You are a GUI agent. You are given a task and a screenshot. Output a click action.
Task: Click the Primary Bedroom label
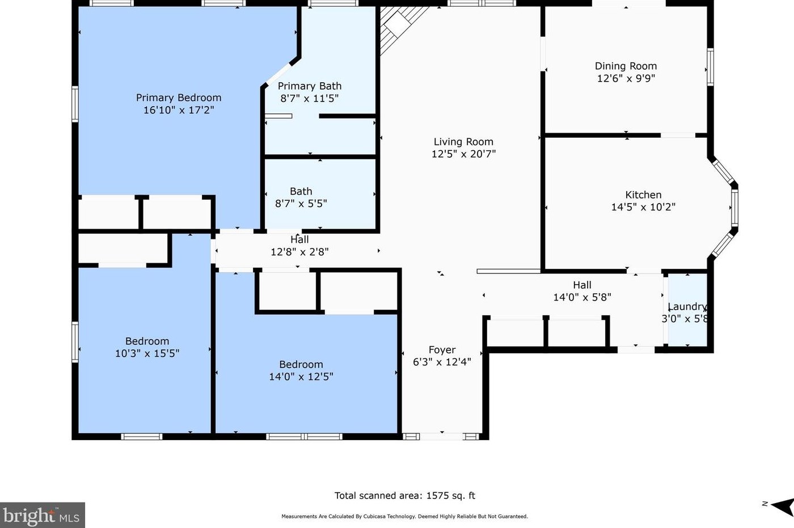pyautogui.click(x=179, y=98)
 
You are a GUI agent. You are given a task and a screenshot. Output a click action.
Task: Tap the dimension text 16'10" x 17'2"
pyautogui.click(x=179, y=110)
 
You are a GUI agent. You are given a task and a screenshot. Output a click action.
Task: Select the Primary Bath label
pyautogui.click(x=310, y=86)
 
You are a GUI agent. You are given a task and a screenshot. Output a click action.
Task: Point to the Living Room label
pyautogui.click(x=463, y=142)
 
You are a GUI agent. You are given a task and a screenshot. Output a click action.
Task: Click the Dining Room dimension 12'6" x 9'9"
pyautogui.click(x=626, y=79)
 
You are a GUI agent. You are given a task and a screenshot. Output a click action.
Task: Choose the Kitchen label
pyautogui.click(x=643, y=195)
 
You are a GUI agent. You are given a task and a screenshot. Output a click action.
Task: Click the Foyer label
pyautogui.click(x=442, y=350)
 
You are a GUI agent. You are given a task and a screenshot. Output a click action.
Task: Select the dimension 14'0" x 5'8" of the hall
pyautogui.click(x=582, y=297)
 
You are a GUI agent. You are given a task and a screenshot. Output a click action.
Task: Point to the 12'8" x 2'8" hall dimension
pyautogui.click(x=299, y=252)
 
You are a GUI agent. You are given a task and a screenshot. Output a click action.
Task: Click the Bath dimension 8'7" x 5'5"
pyautogui.click(x=301, y=204)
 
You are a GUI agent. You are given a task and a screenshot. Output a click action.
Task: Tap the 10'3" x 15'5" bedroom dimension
pyautogui.click(x=147, y=353)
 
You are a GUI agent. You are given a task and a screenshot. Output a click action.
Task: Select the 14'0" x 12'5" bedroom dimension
pyautogui.click(x=301, y=377)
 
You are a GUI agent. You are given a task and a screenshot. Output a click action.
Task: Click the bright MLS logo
pyautogui.click(x=42, y=516)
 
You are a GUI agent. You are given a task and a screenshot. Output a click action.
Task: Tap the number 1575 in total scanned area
pyautogui.click(x=437, y=496)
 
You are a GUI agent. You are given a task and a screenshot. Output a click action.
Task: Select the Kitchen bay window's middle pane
pyautogui.click(x=734, y=208)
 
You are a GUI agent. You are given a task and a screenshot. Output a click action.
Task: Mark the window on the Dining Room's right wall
pyautogui.click(x=710, y=67)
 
